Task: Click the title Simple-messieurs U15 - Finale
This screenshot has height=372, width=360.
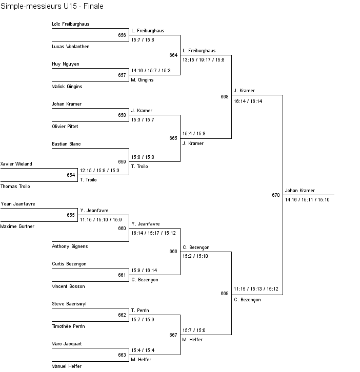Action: pyautogui.click(x=52, y=6)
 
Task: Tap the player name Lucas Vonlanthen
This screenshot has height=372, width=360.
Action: pyautogui.click(x=71, y=47)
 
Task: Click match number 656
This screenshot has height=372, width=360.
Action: pyautogui.click(x=122, y=35)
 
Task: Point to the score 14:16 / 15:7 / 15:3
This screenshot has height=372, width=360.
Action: pyautogui.click(x=151, y=71)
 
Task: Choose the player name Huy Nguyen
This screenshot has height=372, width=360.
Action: pyautogui.click(x=66, y=64)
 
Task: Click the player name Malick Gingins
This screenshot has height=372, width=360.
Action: pyautogui.click(x=67, y=87)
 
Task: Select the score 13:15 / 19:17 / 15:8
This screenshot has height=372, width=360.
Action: pyautogui.click(x=203, y=59)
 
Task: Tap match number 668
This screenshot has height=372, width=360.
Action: pyautogui.click(x=225, y=96)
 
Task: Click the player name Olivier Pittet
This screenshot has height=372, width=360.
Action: pyautogui.click(x=65, y=127)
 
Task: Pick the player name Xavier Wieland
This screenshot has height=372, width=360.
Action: pyautogui.click(x=16, y=164)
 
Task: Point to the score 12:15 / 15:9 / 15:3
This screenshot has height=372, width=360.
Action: pyautogui.click(x=99, y=171)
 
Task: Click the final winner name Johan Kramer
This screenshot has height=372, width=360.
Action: pyautogui.click(x=300, y=191)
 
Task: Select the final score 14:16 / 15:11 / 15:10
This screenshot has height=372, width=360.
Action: pyautogui.click(x=307, y=199)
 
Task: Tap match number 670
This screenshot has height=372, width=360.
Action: pyautogui.click(x=276, y=195)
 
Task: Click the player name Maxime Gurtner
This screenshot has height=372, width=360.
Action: pyautogui.click(x=17, y=226)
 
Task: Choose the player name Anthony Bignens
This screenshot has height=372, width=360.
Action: pyautogui.click(x=70, y=246)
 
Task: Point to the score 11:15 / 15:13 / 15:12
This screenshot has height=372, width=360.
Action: pyautogui.click(x=256, y=289)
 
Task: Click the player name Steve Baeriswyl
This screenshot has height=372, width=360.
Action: pyautogui.click(x=69, y=304)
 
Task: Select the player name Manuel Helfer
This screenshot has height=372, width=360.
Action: pyautogui.click(x=67, y=366)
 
